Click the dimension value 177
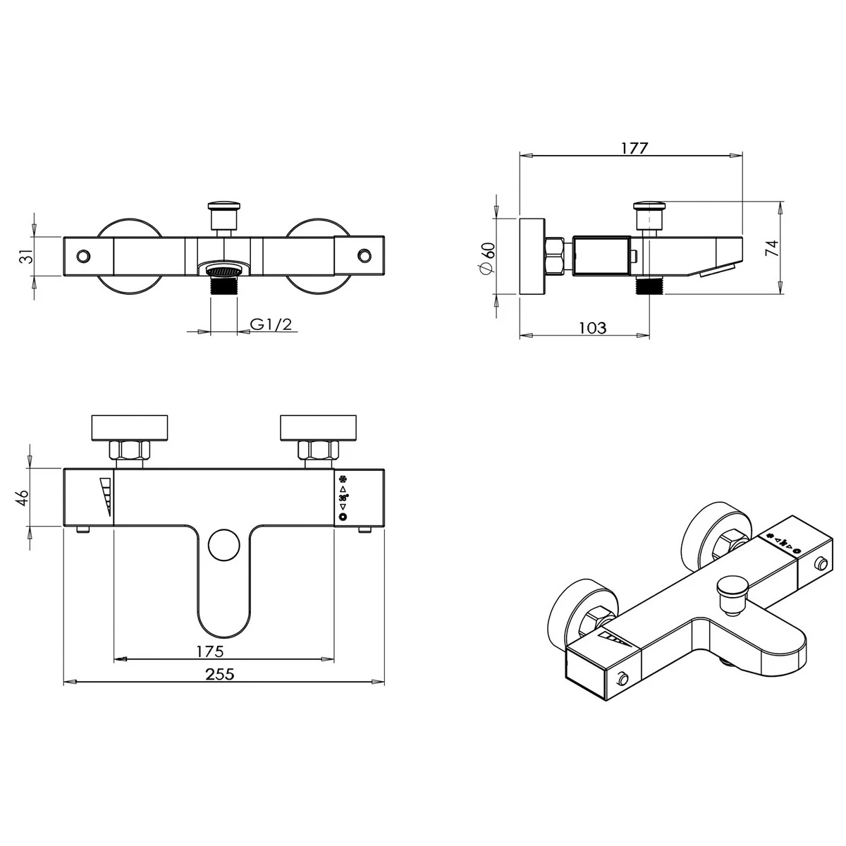(x=634, y=148)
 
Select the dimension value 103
(x=592, y=327)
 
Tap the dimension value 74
(x=771, y=247)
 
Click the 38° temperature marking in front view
(x=343, y=498)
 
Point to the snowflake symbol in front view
(x=343, y=477)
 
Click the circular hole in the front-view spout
(x=224, y=544)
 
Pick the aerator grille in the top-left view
(x=223, y=270)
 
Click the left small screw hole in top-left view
(x=84, y=255)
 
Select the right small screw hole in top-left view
(x=364, y=255)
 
